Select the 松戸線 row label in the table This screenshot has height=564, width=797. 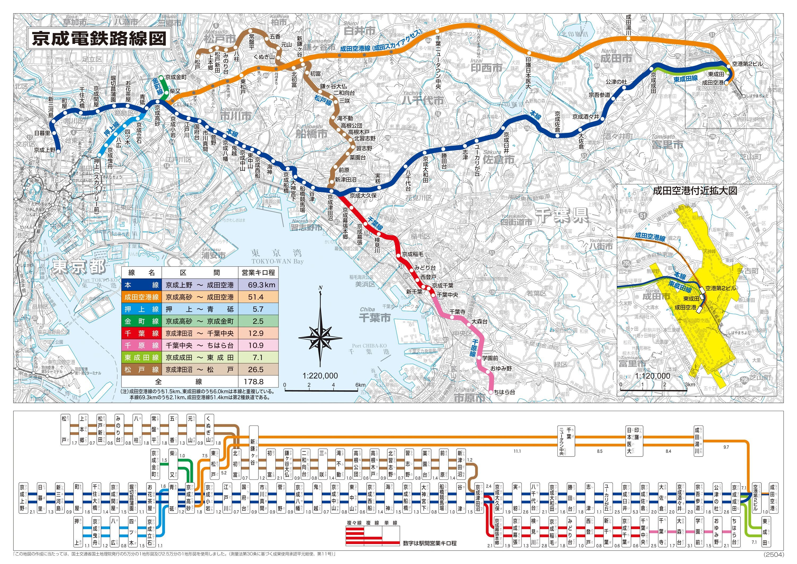[x=141, y=369]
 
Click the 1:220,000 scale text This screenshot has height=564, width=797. [x=320, y=376]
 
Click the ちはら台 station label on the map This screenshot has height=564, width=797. [x=505, y=392]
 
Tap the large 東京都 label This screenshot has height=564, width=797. [x=78, y=267]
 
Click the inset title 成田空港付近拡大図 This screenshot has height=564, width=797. [x=695, y=190]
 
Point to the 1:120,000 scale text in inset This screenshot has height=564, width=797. [x=652, y=376]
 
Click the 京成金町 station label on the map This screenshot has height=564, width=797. [x=176, y=77]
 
